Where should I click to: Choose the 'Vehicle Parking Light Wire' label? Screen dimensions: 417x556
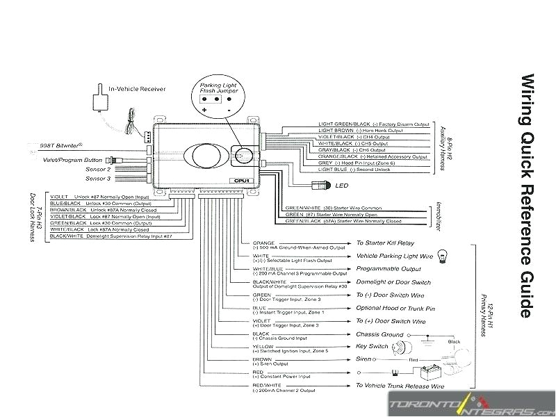click(394, 256)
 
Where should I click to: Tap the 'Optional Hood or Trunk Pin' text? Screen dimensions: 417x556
click(395, 308)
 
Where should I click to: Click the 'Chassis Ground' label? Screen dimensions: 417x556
click(379, 334)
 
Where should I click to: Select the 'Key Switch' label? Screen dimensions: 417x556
click(372, 347)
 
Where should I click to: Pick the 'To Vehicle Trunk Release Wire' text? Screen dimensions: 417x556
click(400, 385)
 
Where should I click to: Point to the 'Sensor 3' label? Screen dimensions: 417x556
click(98, 177)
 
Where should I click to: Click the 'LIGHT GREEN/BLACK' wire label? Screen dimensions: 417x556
click(336, 124)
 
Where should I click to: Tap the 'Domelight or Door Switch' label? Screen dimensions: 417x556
click(393, 282)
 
